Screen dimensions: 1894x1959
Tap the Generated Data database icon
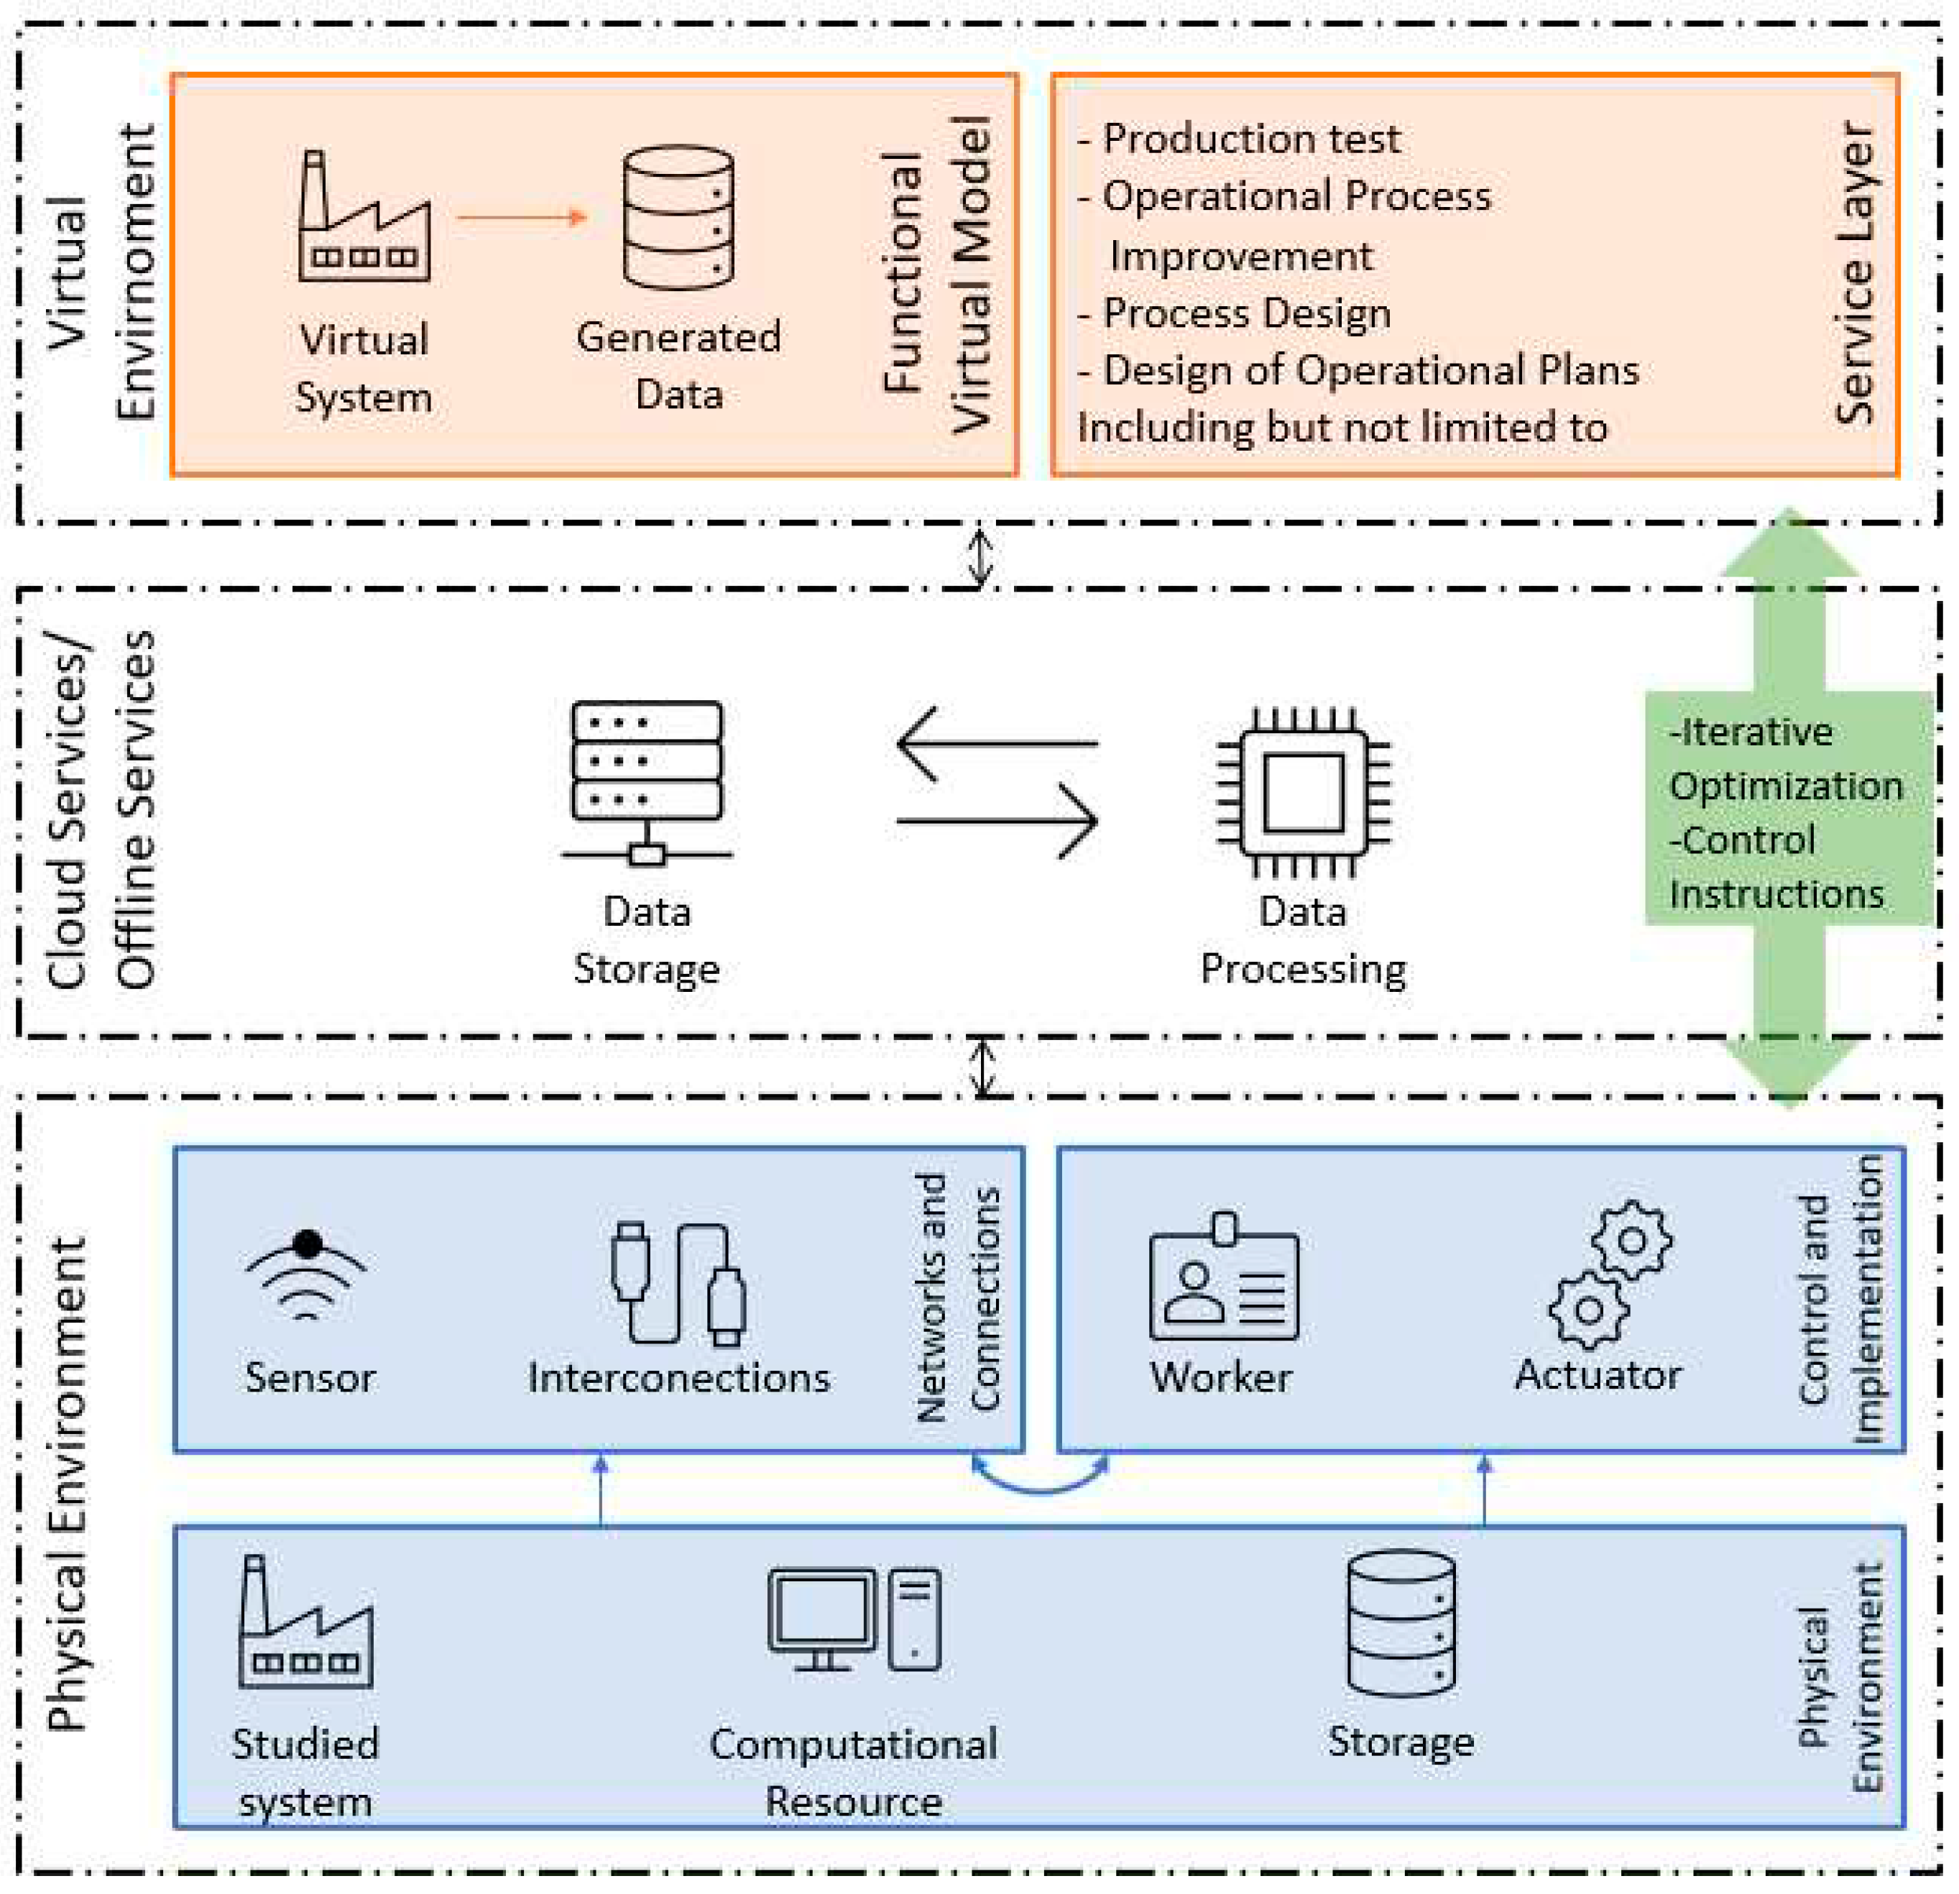[678, 218]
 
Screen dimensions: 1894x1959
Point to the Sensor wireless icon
[307, 1274]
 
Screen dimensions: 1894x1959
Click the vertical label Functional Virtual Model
[936, 273]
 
